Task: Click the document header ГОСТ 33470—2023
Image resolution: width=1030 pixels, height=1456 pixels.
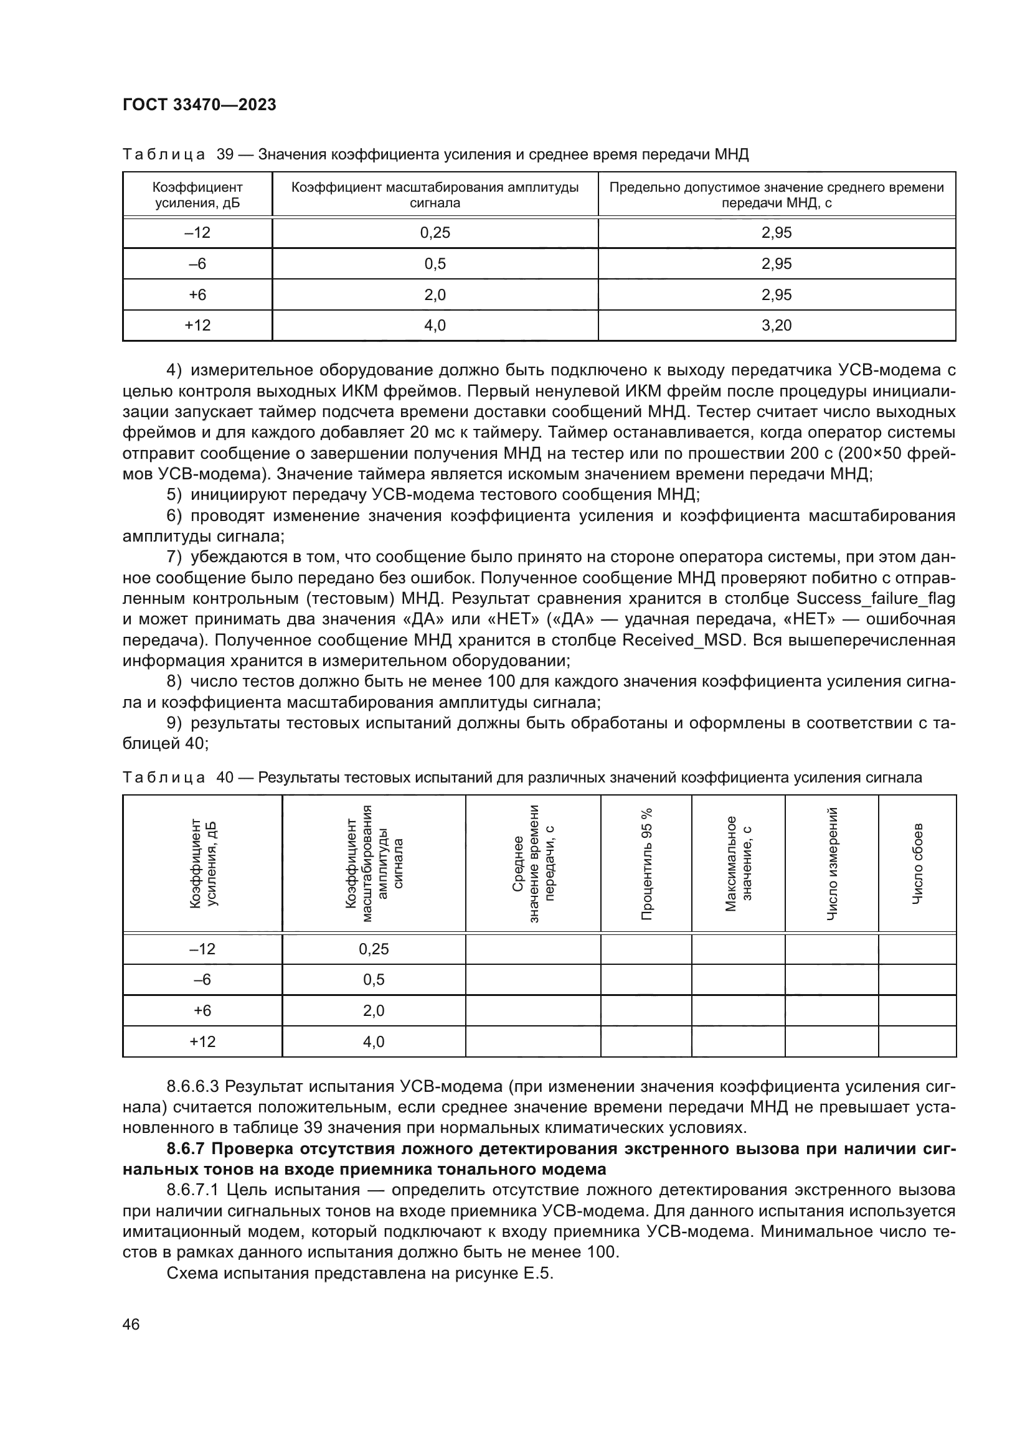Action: pyautogui.click(x=199, y=105)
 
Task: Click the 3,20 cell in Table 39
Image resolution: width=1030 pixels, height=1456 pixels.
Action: pyautogui.click(x=777, y=326)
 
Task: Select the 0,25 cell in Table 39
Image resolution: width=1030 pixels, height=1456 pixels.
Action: pyautogui.click(x=435, y=233)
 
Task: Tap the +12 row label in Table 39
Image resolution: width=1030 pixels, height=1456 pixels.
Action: pyautogui.click(x=197, y=326)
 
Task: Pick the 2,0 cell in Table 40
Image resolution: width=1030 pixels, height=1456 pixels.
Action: pyautogui.click(x=374, y=1010)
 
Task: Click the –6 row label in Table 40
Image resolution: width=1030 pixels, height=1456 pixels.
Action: pyautogui.click(x=202, y=979)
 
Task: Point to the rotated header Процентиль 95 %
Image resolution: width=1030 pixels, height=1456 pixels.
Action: pyautogui.click(x=646, y=864)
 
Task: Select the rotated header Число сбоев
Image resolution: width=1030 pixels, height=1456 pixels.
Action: pyautogui.click(x=917, y=864)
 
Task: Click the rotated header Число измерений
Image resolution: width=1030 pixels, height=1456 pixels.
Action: pyautogui.click(x=831, y=864)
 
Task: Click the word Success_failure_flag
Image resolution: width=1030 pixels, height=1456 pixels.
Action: pyautogui.click(x=875, y=599)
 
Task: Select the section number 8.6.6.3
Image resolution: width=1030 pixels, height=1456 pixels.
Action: pyautogui.click(x=193, y=1086)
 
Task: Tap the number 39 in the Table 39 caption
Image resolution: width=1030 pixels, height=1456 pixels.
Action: pyautogui.click(x=225, y=154)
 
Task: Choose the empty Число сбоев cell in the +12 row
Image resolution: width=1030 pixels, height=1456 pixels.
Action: pyautogui.click(x=917, y=1041)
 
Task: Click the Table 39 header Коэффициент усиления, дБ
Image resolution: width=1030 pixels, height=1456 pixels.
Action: pyautogui.click(x=197, y=195)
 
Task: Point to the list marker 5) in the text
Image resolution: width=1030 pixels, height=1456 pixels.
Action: pyautogui.click(x=174, y=495)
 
